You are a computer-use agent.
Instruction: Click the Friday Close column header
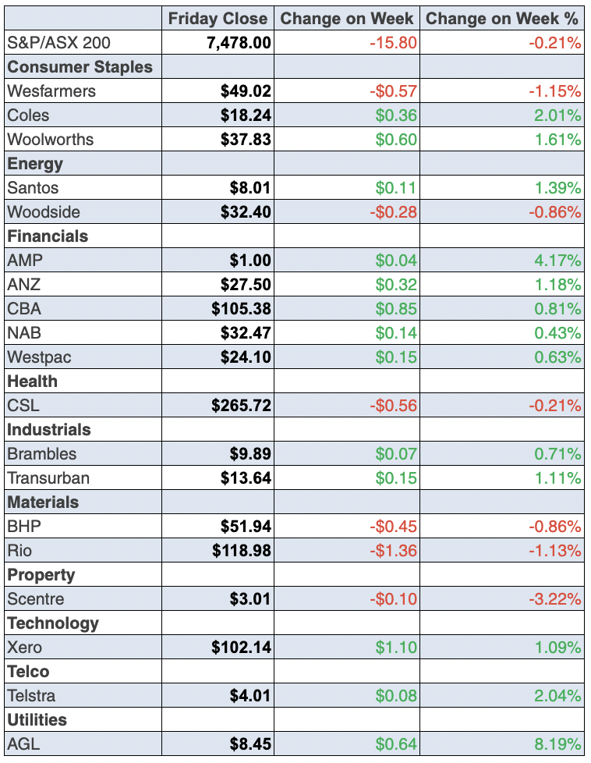click(218, 19)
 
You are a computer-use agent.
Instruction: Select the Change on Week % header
click(504, 19)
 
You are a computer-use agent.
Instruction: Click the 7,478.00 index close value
click(239, 43)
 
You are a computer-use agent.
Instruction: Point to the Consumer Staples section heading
click(80, 67)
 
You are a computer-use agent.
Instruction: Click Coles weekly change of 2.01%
click(557, 115)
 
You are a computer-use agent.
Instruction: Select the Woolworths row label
click(51, 140)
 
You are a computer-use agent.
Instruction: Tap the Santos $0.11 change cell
click(396, 188)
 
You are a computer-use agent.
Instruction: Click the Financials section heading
click(48, 236)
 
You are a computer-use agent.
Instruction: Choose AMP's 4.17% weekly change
click(557, 261)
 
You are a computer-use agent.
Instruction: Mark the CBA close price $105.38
click(241, 309)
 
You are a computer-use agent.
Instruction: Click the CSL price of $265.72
click(241, 406)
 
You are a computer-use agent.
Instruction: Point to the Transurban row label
click(48, 478)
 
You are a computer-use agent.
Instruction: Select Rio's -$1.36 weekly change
click(393, 551)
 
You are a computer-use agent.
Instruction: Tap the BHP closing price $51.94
click(246, 527)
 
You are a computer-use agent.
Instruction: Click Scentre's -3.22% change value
click(554, 599)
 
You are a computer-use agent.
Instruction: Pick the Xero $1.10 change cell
click(396, 648)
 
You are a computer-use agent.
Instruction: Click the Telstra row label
click(31, 696)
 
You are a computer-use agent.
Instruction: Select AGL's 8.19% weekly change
click(557, 744)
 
